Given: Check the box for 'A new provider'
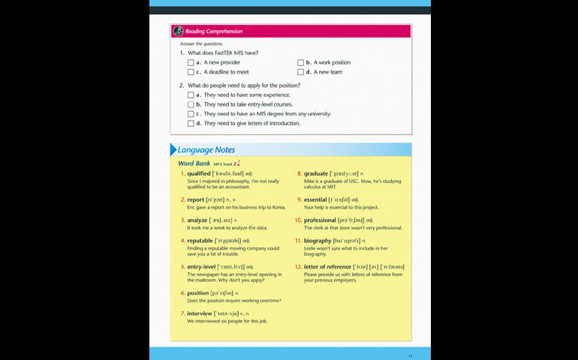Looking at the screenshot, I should pos(191,63).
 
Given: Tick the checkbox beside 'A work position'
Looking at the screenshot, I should pos(300,63).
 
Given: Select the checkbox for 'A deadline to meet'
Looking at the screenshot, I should pos(191,72).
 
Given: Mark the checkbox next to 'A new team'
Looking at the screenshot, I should pos(300,72).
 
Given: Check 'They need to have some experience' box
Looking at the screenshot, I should pos(191,95).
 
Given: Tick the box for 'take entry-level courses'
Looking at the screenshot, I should pos(191,104).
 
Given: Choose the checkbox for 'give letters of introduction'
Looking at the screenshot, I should pos(191,123).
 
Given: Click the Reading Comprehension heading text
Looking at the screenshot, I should pos(214,31).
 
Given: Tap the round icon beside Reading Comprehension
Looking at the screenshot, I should pos(178,31).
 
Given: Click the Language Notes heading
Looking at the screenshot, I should pos(206,150).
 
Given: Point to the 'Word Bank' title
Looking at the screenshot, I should pos(194,163).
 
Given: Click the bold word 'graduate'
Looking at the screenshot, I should pos(316,173).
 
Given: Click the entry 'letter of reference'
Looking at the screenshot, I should pos(327,266).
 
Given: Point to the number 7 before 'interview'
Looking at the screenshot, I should pos(182,313).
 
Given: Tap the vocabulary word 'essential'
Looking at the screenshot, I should pos(315,199).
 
